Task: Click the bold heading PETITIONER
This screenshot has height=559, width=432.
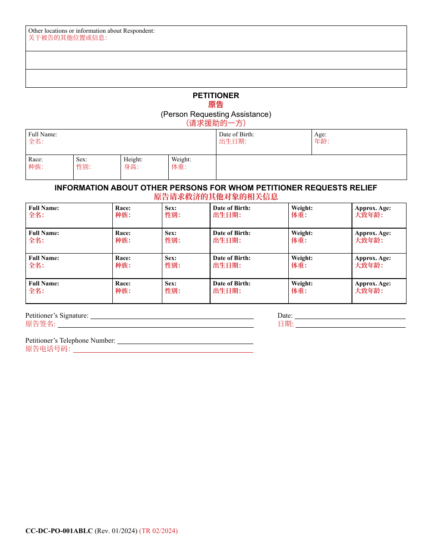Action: tap(216, 95)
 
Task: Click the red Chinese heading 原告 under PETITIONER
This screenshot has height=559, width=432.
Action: tap(216, 105)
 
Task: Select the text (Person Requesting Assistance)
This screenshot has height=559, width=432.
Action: tap(216, 114)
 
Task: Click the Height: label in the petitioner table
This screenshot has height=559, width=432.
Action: tap(133, 160)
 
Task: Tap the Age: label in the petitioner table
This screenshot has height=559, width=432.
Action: tap(320, 135)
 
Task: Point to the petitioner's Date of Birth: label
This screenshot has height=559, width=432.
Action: tap(236, 135)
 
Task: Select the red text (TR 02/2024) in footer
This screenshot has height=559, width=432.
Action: tap(158, 531)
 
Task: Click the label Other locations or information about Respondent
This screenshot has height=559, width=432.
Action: tap(91, 31)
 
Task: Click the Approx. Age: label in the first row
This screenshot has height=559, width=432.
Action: tap(372, 208)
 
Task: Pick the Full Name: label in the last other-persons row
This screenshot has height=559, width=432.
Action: tap(44, 284)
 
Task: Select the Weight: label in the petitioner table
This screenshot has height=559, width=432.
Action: tap(181, 160)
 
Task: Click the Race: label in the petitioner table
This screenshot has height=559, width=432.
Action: tap(35, 160)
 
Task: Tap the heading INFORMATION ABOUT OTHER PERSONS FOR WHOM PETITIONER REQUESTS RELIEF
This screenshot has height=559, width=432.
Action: tap(216, 188)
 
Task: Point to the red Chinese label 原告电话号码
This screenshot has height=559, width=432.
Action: tap(48, 349)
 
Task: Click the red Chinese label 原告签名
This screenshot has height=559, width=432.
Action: tap(40, 324)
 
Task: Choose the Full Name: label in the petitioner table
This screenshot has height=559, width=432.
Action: tap(42, 135)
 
